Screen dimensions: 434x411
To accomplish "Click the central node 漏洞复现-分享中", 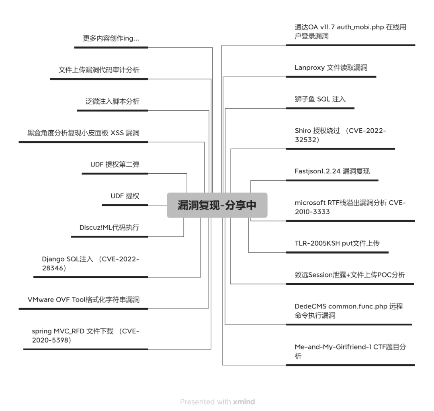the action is tap(217, 205).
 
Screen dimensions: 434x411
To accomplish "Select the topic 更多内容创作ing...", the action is tap(111, 38).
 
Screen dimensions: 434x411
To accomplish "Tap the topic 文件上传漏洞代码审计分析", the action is tap(99, 70).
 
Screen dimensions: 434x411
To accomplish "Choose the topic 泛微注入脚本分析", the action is tap(113, 101).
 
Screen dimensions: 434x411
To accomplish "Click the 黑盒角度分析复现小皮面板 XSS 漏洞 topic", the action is tap(83, 133).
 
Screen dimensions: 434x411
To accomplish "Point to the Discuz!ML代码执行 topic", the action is tap(109, 227).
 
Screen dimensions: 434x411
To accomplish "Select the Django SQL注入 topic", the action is tap(90, 263).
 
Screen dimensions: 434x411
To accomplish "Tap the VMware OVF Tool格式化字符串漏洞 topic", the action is tap(84, 300).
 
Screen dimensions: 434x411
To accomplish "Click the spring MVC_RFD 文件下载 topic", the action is tap(86, 335).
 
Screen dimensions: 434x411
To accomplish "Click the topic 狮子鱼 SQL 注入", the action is tap(320, 99).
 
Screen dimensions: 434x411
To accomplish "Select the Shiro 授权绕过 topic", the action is tap(340, 135).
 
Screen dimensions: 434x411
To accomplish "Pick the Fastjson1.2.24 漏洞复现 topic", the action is tap(332, 171).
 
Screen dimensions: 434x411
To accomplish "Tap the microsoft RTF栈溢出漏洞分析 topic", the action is tap(350, 208).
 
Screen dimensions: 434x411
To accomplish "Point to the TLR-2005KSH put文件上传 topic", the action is tap(337, 243).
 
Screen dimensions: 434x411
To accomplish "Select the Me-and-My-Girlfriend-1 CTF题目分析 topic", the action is tap(350, 351).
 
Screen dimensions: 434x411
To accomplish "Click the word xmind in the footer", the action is tap(244, 401).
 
